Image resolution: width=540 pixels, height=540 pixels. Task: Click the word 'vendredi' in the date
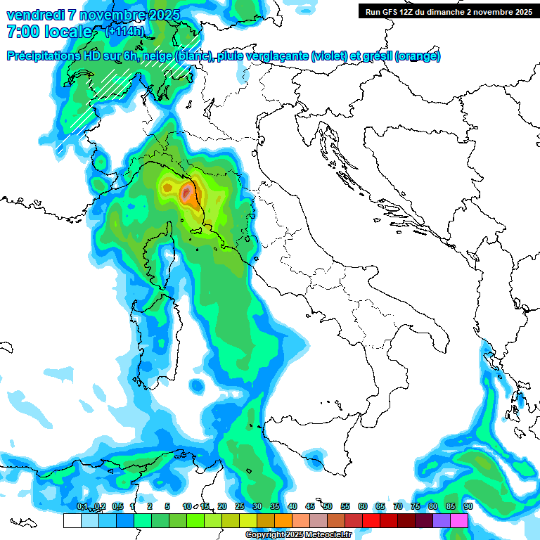(x=34, y=15)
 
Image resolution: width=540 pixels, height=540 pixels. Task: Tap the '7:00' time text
(x=25, y=32)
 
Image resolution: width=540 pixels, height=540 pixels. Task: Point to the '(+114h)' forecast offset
(x=125, y=32)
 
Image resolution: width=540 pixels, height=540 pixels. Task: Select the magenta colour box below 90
(x=459, y=520)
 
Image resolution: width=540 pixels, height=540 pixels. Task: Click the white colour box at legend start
(x=72, y=520)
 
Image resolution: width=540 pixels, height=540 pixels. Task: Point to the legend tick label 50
(x=328, y=506)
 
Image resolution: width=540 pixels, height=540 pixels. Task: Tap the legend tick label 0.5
(x=117, y=506)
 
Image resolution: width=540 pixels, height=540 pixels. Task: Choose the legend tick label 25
(x=240, y=506)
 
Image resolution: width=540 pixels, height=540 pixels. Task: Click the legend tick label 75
(x=416, y=506)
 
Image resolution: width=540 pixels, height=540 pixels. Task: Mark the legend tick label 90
(x=468, y=506)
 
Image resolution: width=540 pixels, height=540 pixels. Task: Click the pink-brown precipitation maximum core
(x=186, y=193)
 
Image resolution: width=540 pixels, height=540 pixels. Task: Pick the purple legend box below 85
(x=442, y=520)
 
